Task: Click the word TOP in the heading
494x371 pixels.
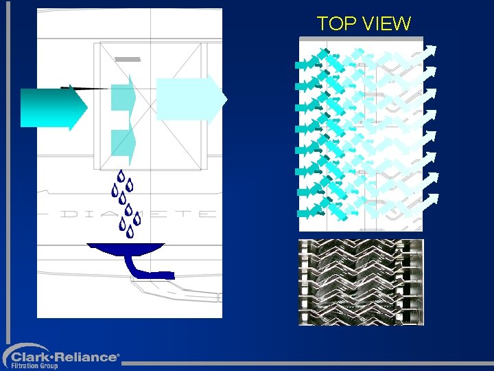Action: (x=336, y=24)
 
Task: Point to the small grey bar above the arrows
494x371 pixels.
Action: (x=128, y=60)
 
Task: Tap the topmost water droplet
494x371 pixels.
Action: (x=121, y=176)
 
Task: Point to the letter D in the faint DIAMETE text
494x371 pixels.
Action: (x=69, y=214)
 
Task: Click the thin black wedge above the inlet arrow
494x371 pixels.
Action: (x=86, y=88)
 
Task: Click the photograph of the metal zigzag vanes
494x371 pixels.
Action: (x=361, y=282)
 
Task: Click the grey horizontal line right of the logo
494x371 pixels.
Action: (x=309, y=363)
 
